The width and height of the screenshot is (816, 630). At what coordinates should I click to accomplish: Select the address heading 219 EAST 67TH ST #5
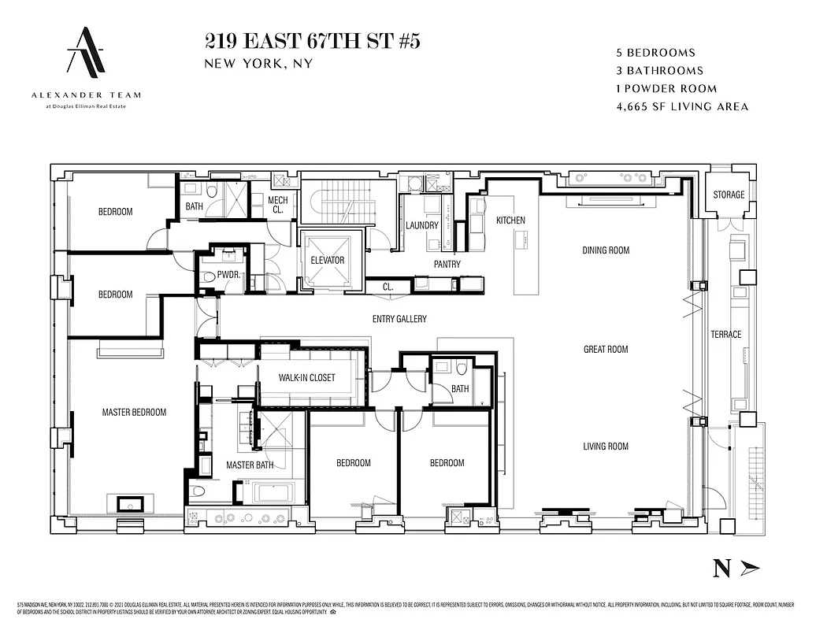click(x=312, y=42)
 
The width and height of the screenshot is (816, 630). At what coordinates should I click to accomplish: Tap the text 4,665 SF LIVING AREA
click(x=682, y=106)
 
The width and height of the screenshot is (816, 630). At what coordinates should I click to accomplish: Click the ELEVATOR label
click(x=327, y=260)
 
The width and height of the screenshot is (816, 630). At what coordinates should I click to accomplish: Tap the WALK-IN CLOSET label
click(x=306, y=378)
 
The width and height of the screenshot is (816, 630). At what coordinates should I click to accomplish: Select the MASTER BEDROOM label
click(x=134, y=412)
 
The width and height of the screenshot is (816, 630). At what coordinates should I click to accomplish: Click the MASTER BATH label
click(x=250, y=465)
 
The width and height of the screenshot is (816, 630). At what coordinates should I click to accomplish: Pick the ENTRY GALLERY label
click(x=399, y=319)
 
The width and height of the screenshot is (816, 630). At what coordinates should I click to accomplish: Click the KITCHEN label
click(x=510, y=220)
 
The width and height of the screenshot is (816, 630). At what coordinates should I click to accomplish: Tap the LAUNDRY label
click(x=422, y=225)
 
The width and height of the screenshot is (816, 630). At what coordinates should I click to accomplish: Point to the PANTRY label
click(x=447, y=265)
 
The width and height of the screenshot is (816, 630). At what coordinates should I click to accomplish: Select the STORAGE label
click(x=729, y=195)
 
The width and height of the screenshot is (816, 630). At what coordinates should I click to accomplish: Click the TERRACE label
click(x=725, y=335)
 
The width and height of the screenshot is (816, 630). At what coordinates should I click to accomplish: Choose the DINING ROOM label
click(x=606, y=250)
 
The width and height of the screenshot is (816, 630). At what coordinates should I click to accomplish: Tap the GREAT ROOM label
click(x=606, y=349)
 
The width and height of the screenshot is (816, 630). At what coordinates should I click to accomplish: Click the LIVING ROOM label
click(x=606, y=447)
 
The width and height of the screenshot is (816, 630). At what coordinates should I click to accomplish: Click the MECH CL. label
click(x=278, y=205)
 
